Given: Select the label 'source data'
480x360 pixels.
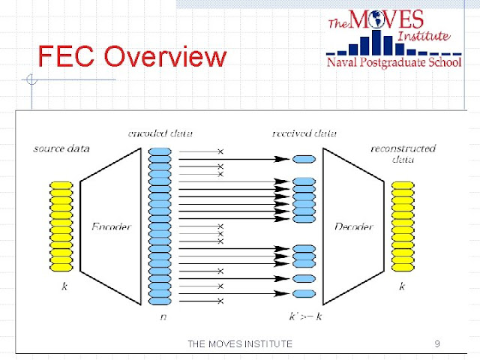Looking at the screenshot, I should pyautogui.click(x=62, y=148).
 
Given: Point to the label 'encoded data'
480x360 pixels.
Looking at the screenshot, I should pyautogui.click(x=160, y=133).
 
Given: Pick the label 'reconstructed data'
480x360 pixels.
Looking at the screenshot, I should pyautogui.click(x=403, y=154).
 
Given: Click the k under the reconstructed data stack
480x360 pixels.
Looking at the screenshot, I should pyautogui.click(x=403, y=286).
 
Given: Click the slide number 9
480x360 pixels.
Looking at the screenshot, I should pyautogui.click(x=436, y=343).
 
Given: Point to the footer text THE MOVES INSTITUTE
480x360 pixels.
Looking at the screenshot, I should pyautogui.click(x=239, y=343).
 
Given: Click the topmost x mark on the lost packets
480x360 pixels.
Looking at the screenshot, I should pyautogui.click(x=220, y=151).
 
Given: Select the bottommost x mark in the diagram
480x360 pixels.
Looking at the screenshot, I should pyautogui.click(x=220, y=301).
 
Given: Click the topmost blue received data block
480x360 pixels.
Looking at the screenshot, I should pyautogui.click(x=304, y=159).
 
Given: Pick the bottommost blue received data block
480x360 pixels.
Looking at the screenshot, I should pyautogui.click(x=304, y=293).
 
